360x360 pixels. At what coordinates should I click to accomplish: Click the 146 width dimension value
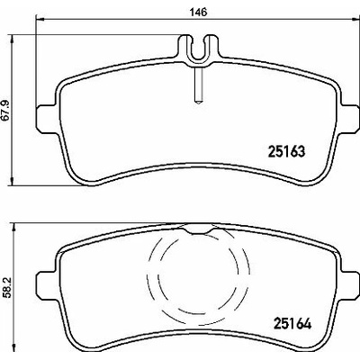pos(198,13)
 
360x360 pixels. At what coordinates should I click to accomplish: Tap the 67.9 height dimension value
pos(6,111)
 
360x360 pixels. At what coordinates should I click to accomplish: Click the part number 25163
pos(286,152)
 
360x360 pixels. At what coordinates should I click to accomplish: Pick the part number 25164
pos(292,324)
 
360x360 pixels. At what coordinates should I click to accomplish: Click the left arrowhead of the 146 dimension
pos(40,20)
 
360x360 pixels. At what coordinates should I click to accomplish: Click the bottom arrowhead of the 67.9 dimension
pos(13,181)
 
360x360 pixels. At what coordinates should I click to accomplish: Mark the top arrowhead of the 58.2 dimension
pos(13,227)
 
